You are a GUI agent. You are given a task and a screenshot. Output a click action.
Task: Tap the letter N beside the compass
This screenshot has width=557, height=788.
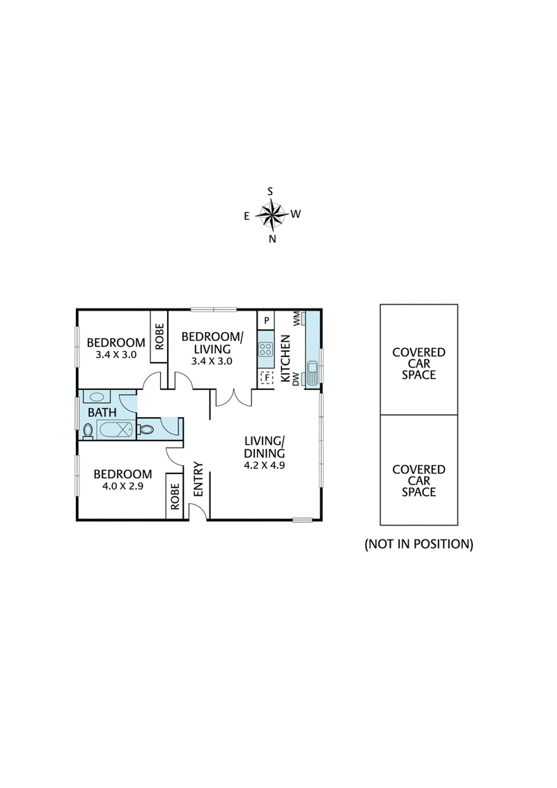pos(272,239)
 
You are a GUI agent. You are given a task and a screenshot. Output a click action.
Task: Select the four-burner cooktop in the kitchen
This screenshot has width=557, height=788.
pos(265,347)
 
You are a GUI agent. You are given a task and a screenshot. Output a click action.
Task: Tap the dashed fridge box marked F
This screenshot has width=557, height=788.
pos(265,378)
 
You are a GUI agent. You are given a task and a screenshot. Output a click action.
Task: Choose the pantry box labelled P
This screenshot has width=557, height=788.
pos(265,320)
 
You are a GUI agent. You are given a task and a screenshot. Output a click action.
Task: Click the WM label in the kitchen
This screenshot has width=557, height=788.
pos(297,319)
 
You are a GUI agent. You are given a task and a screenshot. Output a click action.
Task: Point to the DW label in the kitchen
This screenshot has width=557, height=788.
pos(297,379)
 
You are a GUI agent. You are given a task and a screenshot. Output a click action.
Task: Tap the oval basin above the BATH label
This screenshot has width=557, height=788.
pos(97,397)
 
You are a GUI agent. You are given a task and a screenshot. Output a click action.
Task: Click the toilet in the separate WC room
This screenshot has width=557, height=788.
pos(146,430)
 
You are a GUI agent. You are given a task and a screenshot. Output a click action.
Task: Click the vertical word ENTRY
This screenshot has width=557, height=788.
pos(198,479)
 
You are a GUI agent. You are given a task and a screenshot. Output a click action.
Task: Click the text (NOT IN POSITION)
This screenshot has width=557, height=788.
pos(418,544)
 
